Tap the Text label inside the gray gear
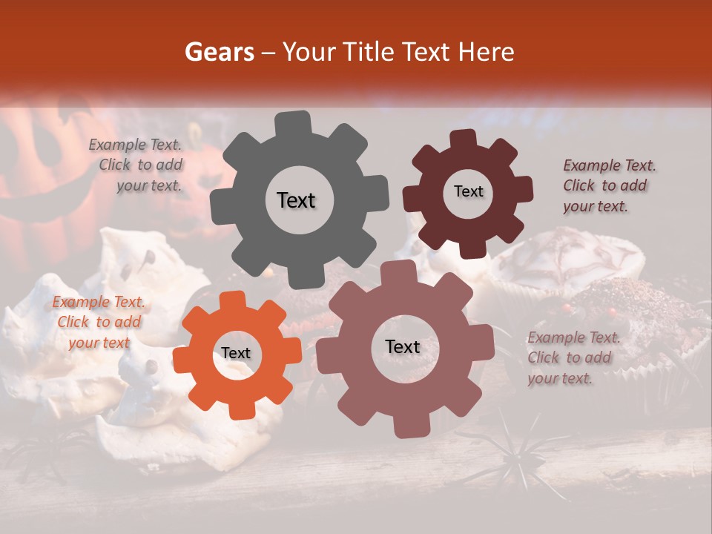pyautogui.click(x=296, y=200)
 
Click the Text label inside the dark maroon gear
pyautogui.click(x=468, y=191)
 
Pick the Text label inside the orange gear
pyautogui.click(x=236, y=353)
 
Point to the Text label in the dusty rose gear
pyautogui.click(x=403, y=346)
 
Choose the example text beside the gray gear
pyautogui.click(x=136, y=165)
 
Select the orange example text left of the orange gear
pyautogui.click(x=99, y=322)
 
